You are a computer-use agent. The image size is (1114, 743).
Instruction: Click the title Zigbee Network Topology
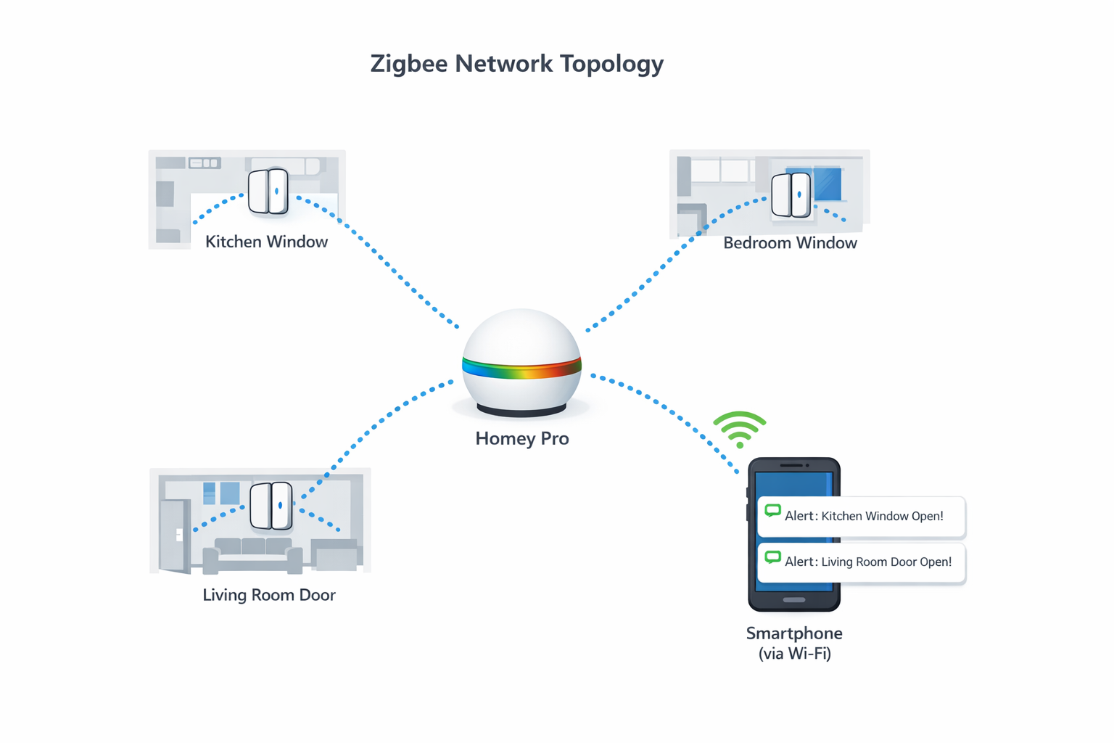point(516,64)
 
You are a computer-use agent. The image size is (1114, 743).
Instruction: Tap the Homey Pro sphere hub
point(521,341)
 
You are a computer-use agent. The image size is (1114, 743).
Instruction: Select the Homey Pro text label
point(521,438)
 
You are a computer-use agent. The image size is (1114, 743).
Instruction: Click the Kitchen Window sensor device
point(268,192)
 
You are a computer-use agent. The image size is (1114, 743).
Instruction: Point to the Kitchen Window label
point(266,242)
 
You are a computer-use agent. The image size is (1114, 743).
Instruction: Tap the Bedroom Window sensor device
point(791,194)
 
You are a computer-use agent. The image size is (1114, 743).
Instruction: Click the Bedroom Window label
point(790,243)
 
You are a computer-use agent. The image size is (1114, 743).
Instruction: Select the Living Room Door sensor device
point(271,506)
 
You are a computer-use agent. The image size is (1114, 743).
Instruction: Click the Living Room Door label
point(268,595)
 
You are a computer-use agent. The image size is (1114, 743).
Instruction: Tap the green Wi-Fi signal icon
point(739,430)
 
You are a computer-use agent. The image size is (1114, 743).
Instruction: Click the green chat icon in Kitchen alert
point(772,511)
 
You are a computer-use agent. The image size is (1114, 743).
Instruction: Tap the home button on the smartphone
point(794,600)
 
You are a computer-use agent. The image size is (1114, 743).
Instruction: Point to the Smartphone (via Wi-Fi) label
point(794,643)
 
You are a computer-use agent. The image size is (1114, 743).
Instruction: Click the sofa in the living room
point(253,554)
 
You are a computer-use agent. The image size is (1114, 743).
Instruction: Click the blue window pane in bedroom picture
point(828,184)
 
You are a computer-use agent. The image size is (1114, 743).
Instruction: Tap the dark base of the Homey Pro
point(521,411)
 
